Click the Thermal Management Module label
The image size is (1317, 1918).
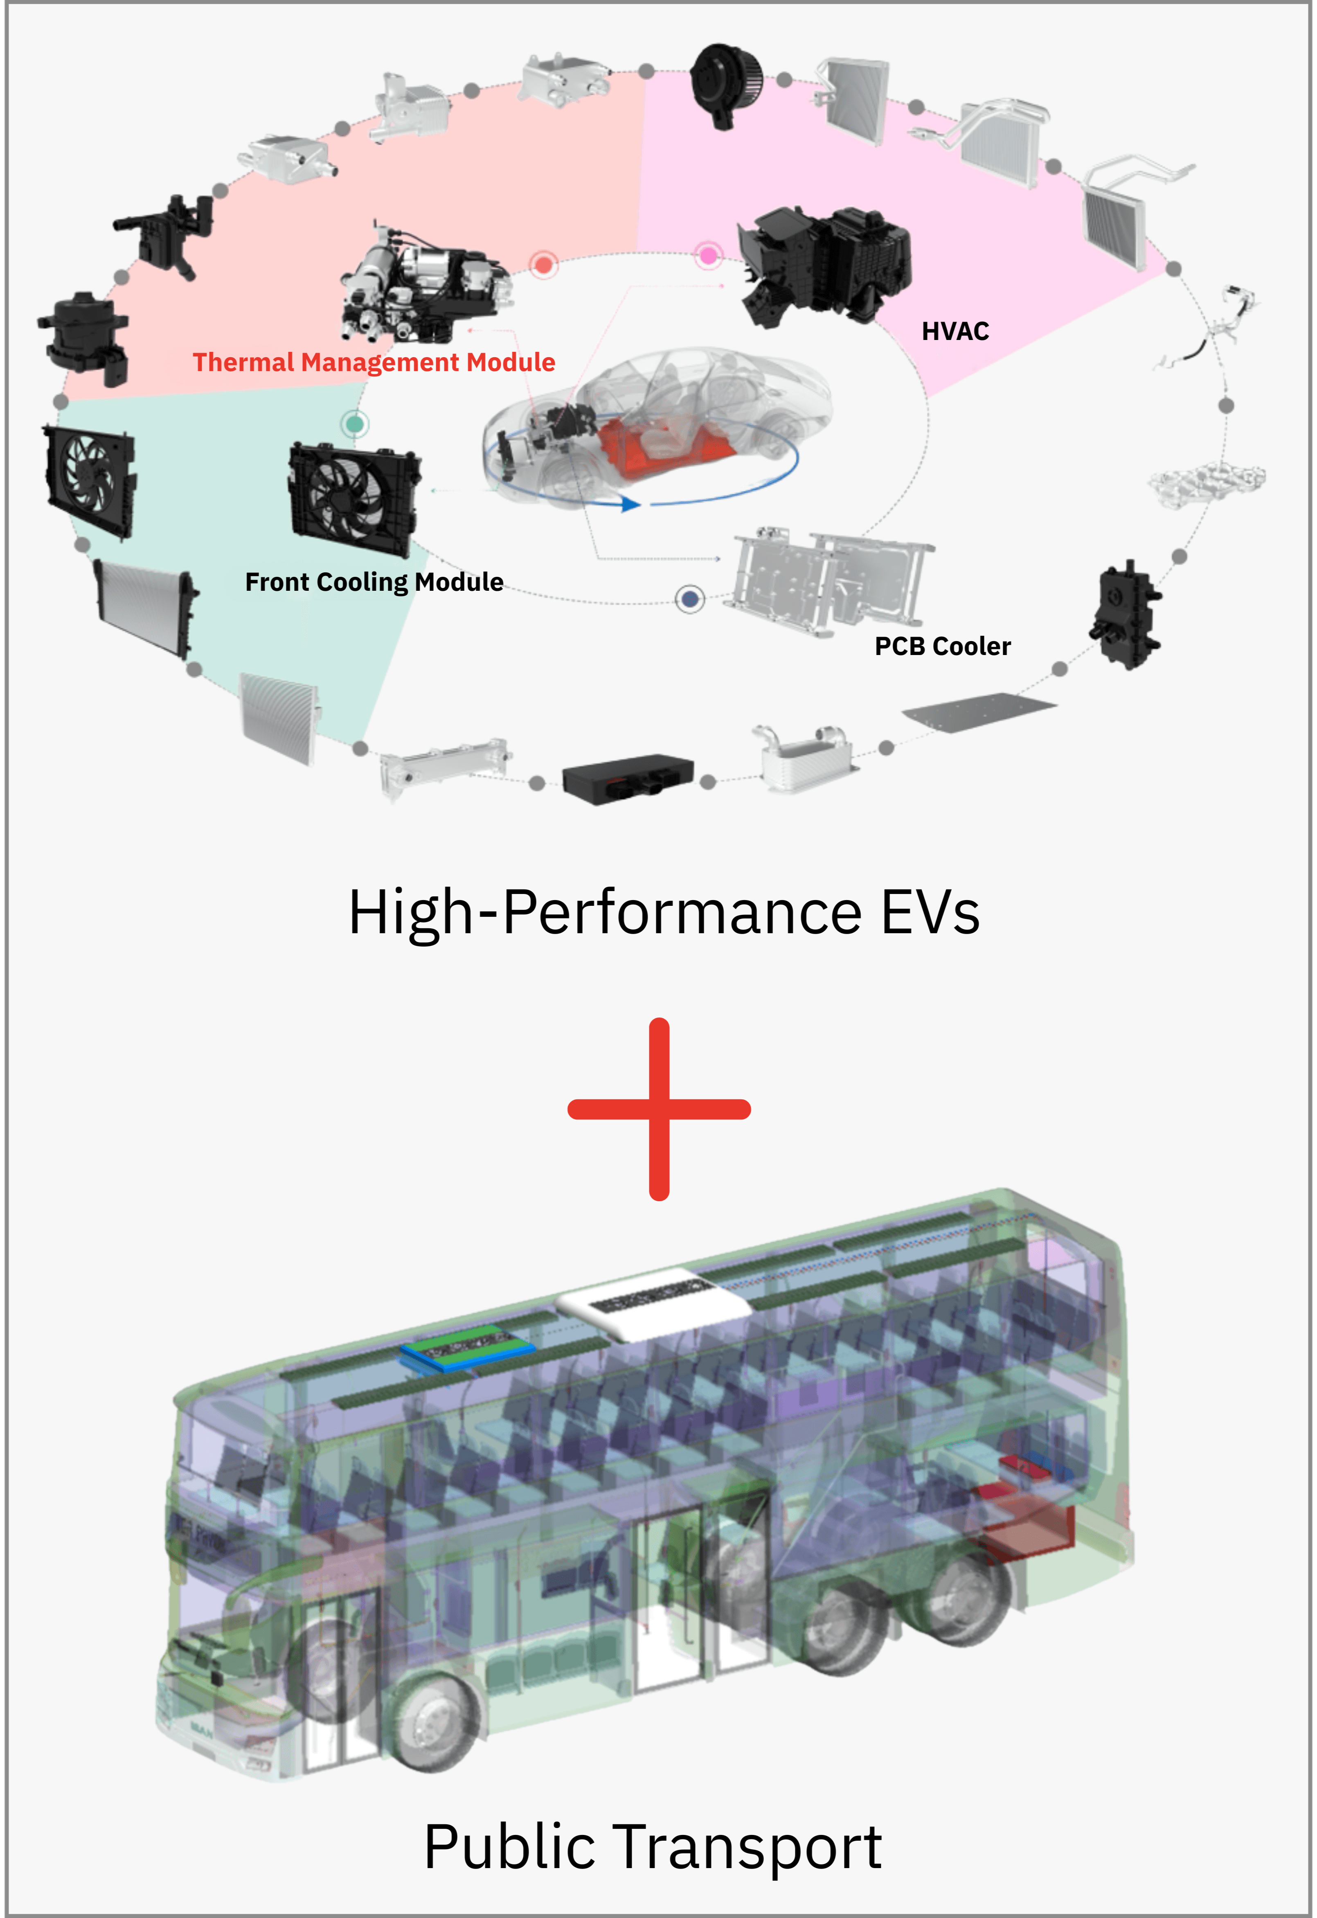(x=374, y=362)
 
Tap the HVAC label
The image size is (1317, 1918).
(x=955, y=332)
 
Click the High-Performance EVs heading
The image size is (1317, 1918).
(x=664, y=913)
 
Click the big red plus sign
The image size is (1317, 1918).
(x=659, y=1108)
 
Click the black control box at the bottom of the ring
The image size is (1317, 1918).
(x=627, y=778)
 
